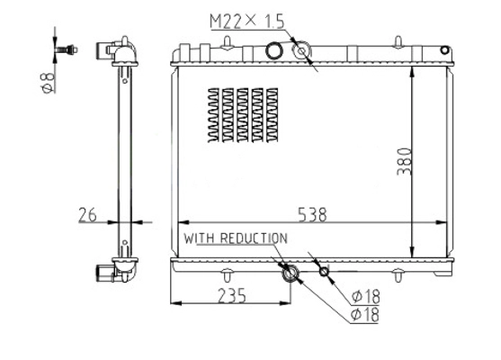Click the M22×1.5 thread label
pyautogui.click(x=246, y=22)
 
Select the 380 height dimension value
pyautogui.click(x=404, y=161)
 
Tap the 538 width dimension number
pyautogui.click(x=312, y=214)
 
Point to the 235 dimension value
pyautogui.click(x=232, y=295)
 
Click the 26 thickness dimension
pyautogui.click(x=87, y=215)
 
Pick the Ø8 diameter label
pyautogui.click(x=49, y=83)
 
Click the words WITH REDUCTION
pyautogui.click(x=236, y=238)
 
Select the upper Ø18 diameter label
pyautogui.click(x=366, y=297)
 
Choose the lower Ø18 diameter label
pyautogui.click(x=365, y=315)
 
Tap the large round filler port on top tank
pyautogui.click(x=274, y=50)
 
